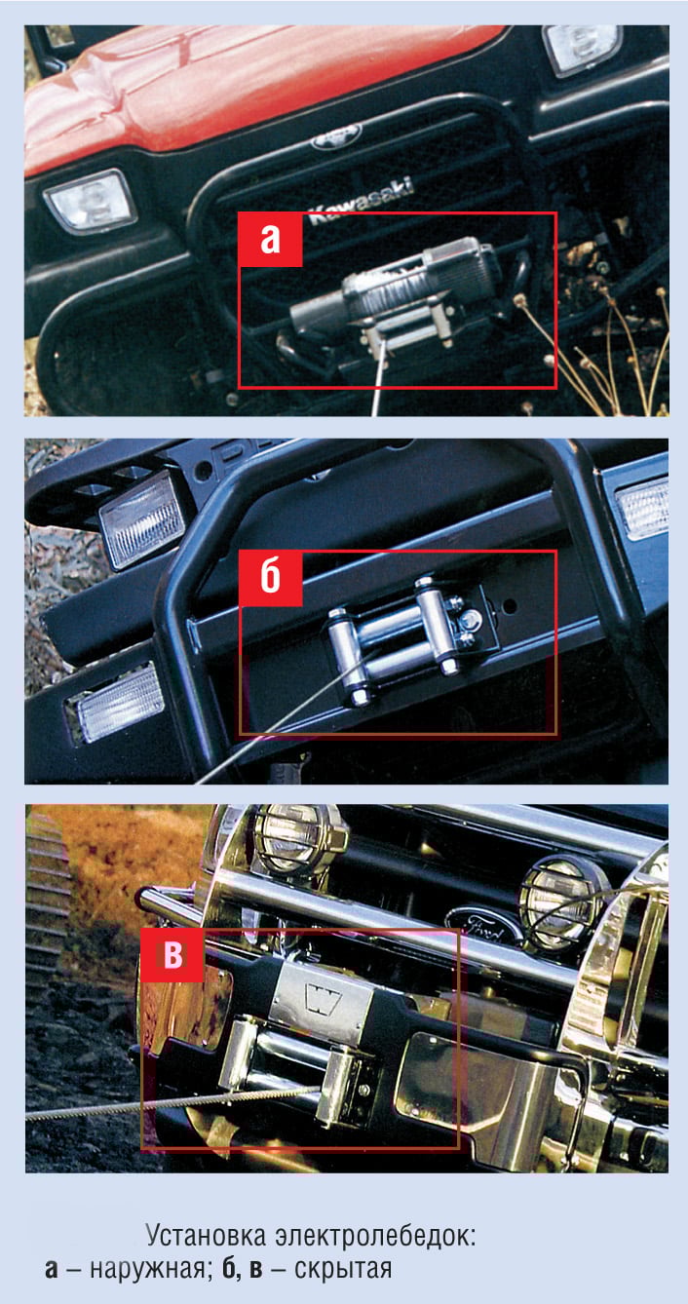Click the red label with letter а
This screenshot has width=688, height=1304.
[x=270, y=239]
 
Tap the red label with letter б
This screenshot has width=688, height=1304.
[x=271, y=578]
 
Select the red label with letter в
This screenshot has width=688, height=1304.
[x=172, y=955]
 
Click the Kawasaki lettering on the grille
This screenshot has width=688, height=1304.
[x=361, y=200]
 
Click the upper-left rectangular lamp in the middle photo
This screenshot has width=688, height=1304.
[x=143, y=519]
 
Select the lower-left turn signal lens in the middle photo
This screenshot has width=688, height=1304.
[x=119, y=702]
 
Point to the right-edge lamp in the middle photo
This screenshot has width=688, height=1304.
[x=642, y=508]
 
